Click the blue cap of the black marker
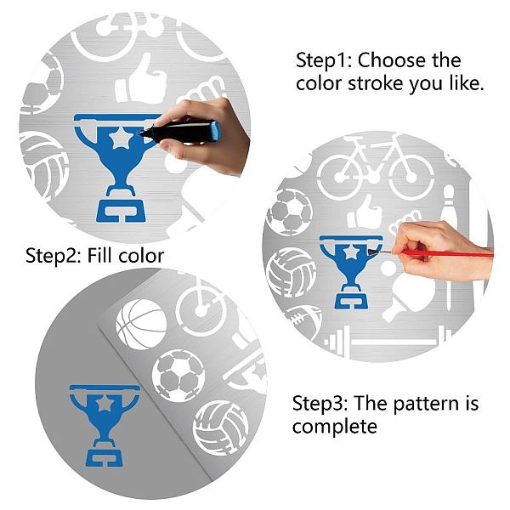coord(215,131)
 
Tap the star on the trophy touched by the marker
coord(121,138)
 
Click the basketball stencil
coord(141,325)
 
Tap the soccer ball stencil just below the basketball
coord(178,376)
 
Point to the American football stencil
coord(304,320)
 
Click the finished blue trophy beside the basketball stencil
coord(105,426)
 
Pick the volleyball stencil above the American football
coord(291,273)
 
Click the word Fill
coord(99,255)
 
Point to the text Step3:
coord(320,404)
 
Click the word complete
coord(335,427)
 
